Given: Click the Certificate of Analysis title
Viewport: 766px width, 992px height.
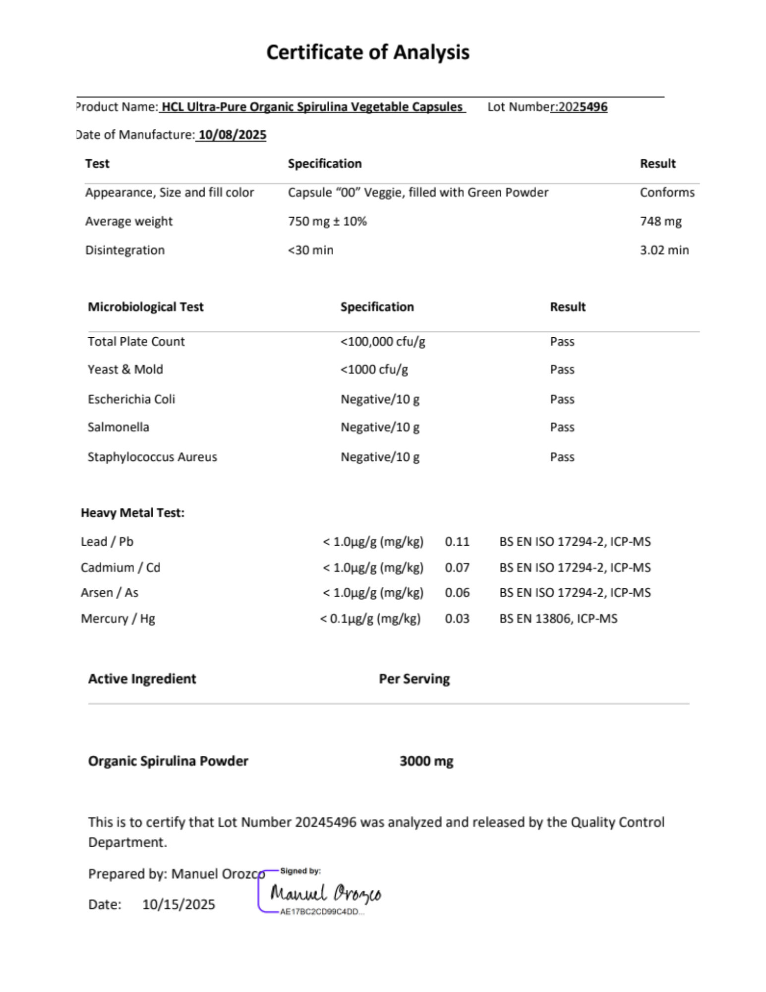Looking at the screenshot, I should click(367, 53).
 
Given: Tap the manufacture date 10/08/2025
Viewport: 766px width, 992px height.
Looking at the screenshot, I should click(232, 135).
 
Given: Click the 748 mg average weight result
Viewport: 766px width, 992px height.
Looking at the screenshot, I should click(660, 221).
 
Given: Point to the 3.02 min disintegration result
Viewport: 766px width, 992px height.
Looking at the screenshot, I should click(664, 250).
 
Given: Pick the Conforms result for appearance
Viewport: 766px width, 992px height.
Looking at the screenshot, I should click(667, 192).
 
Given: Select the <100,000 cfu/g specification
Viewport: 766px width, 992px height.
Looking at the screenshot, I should click(383, 342).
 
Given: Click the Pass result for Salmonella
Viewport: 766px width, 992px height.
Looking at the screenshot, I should click(562, 427).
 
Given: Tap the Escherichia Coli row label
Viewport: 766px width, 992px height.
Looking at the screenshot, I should click(131, 399).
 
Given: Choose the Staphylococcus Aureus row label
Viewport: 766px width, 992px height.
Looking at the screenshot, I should click(152, 457).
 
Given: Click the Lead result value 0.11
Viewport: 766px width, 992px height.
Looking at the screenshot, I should click(457, 542).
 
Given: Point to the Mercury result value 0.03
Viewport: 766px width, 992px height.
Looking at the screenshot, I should click(457, 619).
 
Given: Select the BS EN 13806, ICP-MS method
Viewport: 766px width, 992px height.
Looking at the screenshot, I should click(558, 619).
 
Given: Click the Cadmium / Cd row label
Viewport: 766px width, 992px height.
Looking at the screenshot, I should click(120, 567).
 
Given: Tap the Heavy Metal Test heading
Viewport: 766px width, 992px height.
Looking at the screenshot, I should click(132, 513).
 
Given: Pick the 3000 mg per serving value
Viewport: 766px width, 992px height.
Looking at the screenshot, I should click(426, 761).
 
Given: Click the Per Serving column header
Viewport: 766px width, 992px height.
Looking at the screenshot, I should click(414, 679).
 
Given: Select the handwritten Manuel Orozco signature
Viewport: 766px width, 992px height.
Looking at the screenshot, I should click(326, 894).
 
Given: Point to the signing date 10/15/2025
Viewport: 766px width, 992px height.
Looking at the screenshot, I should click(178, 904).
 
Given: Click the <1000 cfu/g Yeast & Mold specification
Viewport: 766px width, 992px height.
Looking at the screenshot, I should click(374, 370).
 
